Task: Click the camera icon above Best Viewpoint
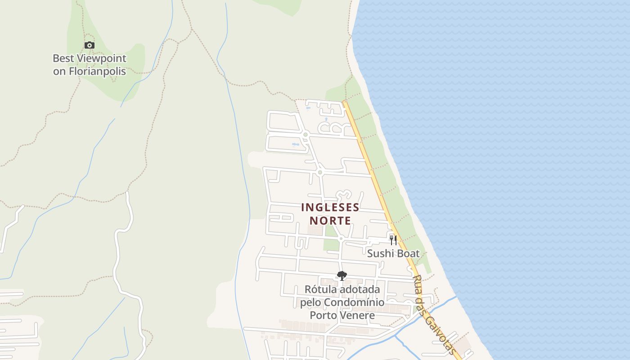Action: click(x=90, y=45)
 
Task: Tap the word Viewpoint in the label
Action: click(x=102, y=58)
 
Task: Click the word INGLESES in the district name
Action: click(x=330, y=207)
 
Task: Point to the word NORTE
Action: click(x=330, y=221)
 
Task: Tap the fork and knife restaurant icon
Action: click(x=393, y=240)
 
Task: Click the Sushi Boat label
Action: click(x=393, y=253)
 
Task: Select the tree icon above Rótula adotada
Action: click(x=342, y=275)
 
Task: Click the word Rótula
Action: click(x=320, y=289)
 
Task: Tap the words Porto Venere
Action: click(x=342, y=315)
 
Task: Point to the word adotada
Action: click(x=360, y=289)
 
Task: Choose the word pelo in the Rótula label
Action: click(x=310, y=302)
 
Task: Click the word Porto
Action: click(x=323, y=315)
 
